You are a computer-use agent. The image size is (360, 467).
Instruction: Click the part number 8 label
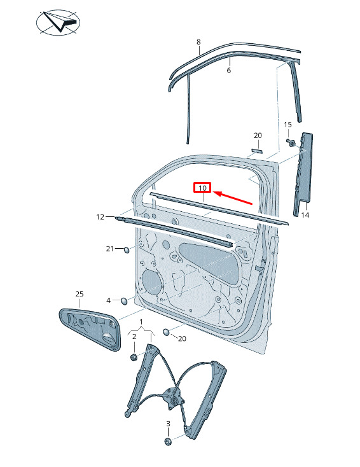pyautogui.click(x=198, y=42)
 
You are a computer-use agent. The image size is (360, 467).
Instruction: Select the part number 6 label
pyautogui.click(x=229, y=70)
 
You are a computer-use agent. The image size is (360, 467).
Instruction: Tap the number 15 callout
pyautogui.click(x=287, y=125)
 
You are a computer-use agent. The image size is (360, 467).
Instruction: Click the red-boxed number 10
pyautogui.click(x=202, y=188)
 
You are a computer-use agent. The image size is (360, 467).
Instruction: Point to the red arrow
pyautogui.click(x=233, y=199)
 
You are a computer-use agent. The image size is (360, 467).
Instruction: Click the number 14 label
pyautogui.click(x=305, y=215)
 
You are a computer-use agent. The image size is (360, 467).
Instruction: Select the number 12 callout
pyautogui.click(x=100, y=217)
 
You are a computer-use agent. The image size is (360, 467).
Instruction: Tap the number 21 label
pyautogui.click(x=110, y=248)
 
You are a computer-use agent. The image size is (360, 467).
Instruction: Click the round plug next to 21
pyautogui.click(x=127, y=249)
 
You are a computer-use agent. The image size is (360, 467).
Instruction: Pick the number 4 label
pyautogui.click(x=108, y=300)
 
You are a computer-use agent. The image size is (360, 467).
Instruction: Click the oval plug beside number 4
pyautogui.click(x=124, y=301)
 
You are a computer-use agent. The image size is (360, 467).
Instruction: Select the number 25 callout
pyautogui.click(x=80, y=294)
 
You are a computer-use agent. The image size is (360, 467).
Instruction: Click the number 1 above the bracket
pyautogui.click(x=141, y=322)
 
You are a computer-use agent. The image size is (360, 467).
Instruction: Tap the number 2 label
pyautogui.click(x=134, y=337)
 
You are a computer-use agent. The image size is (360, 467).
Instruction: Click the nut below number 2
pyautogui.click(x=134, y=356)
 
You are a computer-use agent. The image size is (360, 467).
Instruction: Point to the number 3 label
pyautogui.click(x=168, y=423)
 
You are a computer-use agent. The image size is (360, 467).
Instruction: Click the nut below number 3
pyautogui.click(x=169, y=442)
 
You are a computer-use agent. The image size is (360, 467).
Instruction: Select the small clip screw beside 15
pyautogui.click(x=291, y=143)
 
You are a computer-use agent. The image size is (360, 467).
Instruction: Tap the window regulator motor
pyautogui.click(x=173, y=398)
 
